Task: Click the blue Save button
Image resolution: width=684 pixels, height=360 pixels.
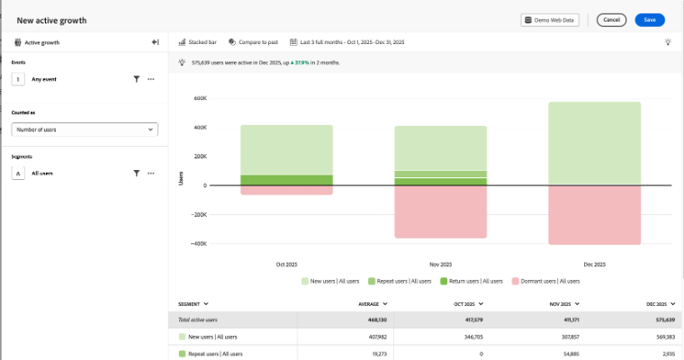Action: [x=649, y=20]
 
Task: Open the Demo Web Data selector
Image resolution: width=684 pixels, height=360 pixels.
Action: [x=551, y=20]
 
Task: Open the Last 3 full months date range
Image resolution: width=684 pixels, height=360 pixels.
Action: [x=346, y=42]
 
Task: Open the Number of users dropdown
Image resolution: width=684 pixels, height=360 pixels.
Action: [x=85, y=130]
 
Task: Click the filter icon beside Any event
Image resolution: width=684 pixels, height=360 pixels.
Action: [x=136, y=79]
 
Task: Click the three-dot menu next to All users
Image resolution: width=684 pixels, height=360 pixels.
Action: [x=151, y=173]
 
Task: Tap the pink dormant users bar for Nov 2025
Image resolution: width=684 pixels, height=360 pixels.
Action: [x=441, y=211]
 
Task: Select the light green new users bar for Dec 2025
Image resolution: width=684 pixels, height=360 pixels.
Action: [x=595, y=144]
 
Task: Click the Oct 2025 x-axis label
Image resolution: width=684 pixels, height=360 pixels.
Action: [x=286, y=265]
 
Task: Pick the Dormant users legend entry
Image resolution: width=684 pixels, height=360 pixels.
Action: [x=545, y=281]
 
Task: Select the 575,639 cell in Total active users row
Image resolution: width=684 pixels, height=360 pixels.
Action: [x=661, y=319]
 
